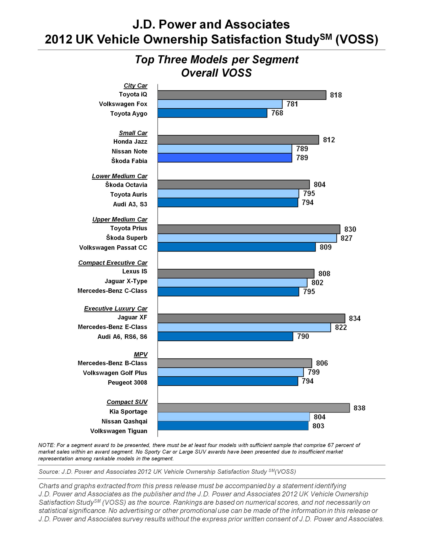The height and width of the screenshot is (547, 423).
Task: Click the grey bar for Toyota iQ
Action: (x=242, y=95)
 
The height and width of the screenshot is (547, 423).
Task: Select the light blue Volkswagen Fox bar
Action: (x=220, y=104)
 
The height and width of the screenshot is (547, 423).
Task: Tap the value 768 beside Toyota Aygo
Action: (x=277, y=113)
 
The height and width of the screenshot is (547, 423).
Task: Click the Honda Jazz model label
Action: (x=130, y=142)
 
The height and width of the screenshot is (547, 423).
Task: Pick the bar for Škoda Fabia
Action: (x=225, y=158)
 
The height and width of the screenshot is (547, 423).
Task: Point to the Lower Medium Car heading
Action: (x=120, y=176)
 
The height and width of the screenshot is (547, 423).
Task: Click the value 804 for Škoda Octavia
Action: (x=320, y=185)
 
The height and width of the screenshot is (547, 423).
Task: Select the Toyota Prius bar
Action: (x=249, y=229)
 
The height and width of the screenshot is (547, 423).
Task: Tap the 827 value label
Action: (x=346, y=238)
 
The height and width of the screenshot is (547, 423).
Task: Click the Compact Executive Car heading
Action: (x=113, y=263)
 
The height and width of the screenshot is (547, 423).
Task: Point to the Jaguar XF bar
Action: (x=251, y=318)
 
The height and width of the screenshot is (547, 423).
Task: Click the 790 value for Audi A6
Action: (x=303, y=336)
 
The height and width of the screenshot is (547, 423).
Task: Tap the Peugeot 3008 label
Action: (x=127, y=382)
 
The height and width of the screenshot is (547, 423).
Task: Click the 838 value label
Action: (x=359, y=408)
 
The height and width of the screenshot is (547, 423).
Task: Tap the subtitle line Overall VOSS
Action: (x=216, y=73)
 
